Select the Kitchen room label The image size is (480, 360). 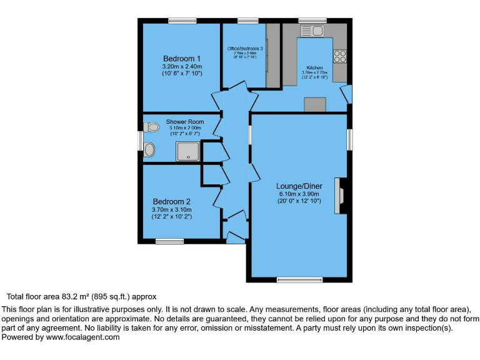pyautogui.click(x=314, y=67)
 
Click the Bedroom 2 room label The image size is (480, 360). pyautogui.click(x=172, y=201)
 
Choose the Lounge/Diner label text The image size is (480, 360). pyautogui.click(x=299, y=186)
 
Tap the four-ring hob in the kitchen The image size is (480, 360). pyautogui.click(x=340, y=56)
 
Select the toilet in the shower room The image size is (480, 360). pyautogui.click(x=151, y=127)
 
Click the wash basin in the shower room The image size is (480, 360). pyautogui.click(x=149, y=150)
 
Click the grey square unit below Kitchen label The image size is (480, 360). pyautogui.click(x=315, y=105)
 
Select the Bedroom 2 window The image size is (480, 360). pyautogui.click(x=169, y=241)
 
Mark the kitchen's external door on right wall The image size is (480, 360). pyautogui.click(x=346, y=94)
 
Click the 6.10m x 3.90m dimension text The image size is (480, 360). pyautogui.click(x=299, y=194)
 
